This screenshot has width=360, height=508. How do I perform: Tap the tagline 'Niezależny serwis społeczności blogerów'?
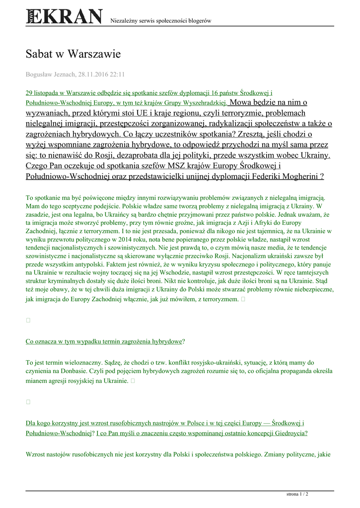(161, 21)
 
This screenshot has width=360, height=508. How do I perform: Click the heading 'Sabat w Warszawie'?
(73, 54)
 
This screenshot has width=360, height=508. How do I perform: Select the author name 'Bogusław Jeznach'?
(50, 74)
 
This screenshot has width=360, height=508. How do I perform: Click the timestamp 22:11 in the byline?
(117, 74)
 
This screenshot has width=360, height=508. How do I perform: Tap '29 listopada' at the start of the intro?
(43, 93)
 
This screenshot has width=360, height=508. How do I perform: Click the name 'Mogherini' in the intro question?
(299, 176)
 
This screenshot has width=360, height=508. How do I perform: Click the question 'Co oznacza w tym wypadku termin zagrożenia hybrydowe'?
(104, 341)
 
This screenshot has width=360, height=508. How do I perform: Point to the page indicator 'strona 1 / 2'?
(297, 494)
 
